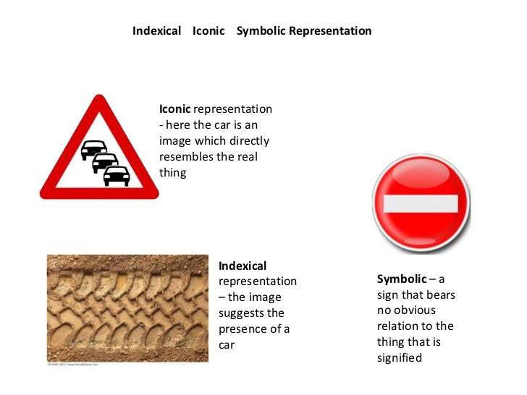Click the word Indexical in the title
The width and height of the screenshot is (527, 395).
point(156,31)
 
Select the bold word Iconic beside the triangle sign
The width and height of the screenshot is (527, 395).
point(175,109)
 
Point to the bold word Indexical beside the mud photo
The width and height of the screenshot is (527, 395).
point(243,266)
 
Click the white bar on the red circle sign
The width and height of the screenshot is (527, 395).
point(421,203)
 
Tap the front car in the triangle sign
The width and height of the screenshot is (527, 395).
point(117,175)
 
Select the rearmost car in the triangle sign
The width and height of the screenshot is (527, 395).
point(93,150)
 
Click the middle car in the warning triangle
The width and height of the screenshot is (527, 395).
point(105,163)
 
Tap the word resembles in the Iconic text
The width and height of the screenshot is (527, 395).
point(186,157)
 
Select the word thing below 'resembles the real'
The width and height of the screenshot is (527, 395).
point(172,173)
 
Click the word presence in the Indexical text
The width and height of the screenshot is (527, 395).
point(245,329)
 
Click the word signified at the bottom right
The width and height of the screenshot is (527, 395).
point(399,357)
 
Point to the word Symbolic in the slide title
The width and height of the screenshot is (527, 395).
point(261,31)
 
